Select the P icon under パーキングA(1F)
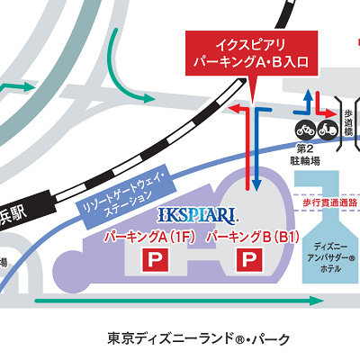(x=156, y=261)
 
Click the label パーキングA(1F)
(x=150, y=238)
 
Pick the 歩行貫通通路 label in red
(x=328, y=203)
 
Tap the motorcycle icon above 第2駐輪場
(x=303, y=127)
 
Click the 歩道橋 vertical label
(x=347, y=123)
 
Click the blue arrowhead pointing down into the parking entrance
(x=256, y=184)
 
